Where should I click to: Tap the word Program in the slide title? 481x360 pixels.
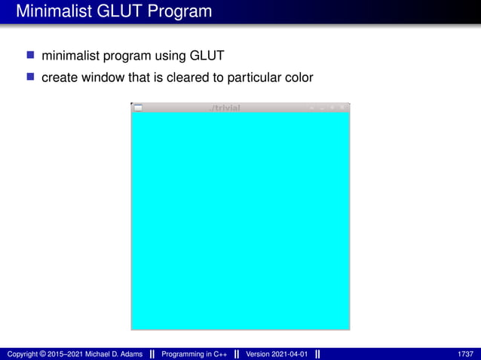pyautogui.click(x=178, y=11)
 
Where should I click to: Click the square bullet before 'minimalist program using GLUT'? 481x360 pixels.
pyautogui.click(x=31, y=55)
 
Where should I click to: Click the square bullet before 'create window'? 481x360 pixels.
pyautogui.click(x=31, y=77)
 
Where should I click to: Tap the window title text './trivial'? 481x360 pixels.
pyautogui.click(x=225, y=108)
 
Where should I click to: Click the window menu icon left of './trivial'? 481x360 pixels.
pyautogui.click(x=138, y=108)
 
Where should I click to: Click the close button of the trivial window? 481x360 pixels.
pyautogui.click(x=343, y=108)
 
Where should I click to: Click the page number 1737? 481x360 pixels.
pyautogui.click(x=465, y=354)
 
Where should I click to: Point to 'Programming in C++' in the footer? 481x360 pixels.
pyautogui.click(x=195, y=354)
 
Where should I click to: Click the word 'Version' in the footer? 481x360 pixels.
pyautogui.click(x=258, y=354)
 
